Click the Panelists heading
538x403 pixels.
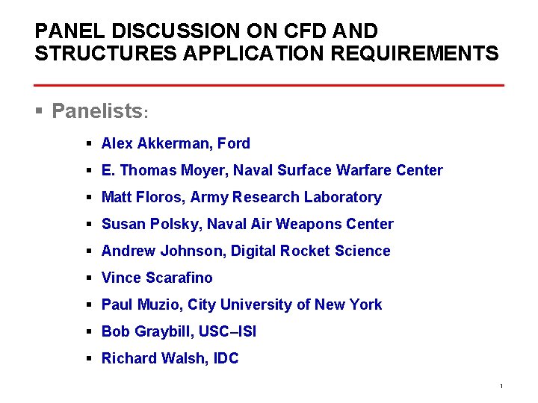coord(97,111)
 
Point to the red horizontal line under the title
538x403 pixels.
coord(269,85)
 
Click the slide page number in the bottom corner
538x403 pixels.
coord(501,386)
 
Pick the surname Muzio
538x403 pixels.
coord(157,304)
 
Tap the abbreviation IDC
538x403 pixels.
coord(226,358)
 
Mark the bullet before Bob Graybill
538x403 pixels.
coord(88,331)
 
